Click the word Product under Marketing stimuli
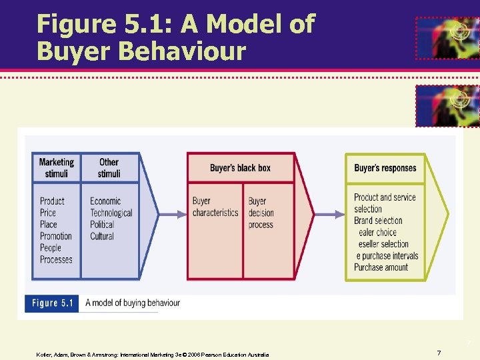coord(52,201)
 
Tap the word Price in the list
coord(48,213)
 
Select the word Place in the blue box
coord(49,225)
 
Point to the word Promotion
coord(56,236)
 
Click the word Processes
coord(56,259)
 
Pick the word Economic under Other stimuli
coord(105,201)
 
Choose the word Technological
coord(111,213)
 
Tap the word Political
coord(103,225)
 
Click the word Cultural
coord(102,236)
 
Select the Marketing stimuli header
coord(56,167)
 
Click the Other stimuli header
coord(109,167)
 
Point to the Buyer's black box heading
coord(240,168)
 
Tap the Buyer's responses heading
coord(385,168)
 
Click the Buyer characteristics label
coord(215,207)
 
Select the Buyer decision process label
coord(261,213)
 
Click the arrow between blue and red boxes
coord(164,214)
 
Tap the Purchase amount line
coord(381,267)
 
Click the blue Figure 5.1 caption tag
coord(52,303)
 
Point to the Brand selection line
coord(378,221)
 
